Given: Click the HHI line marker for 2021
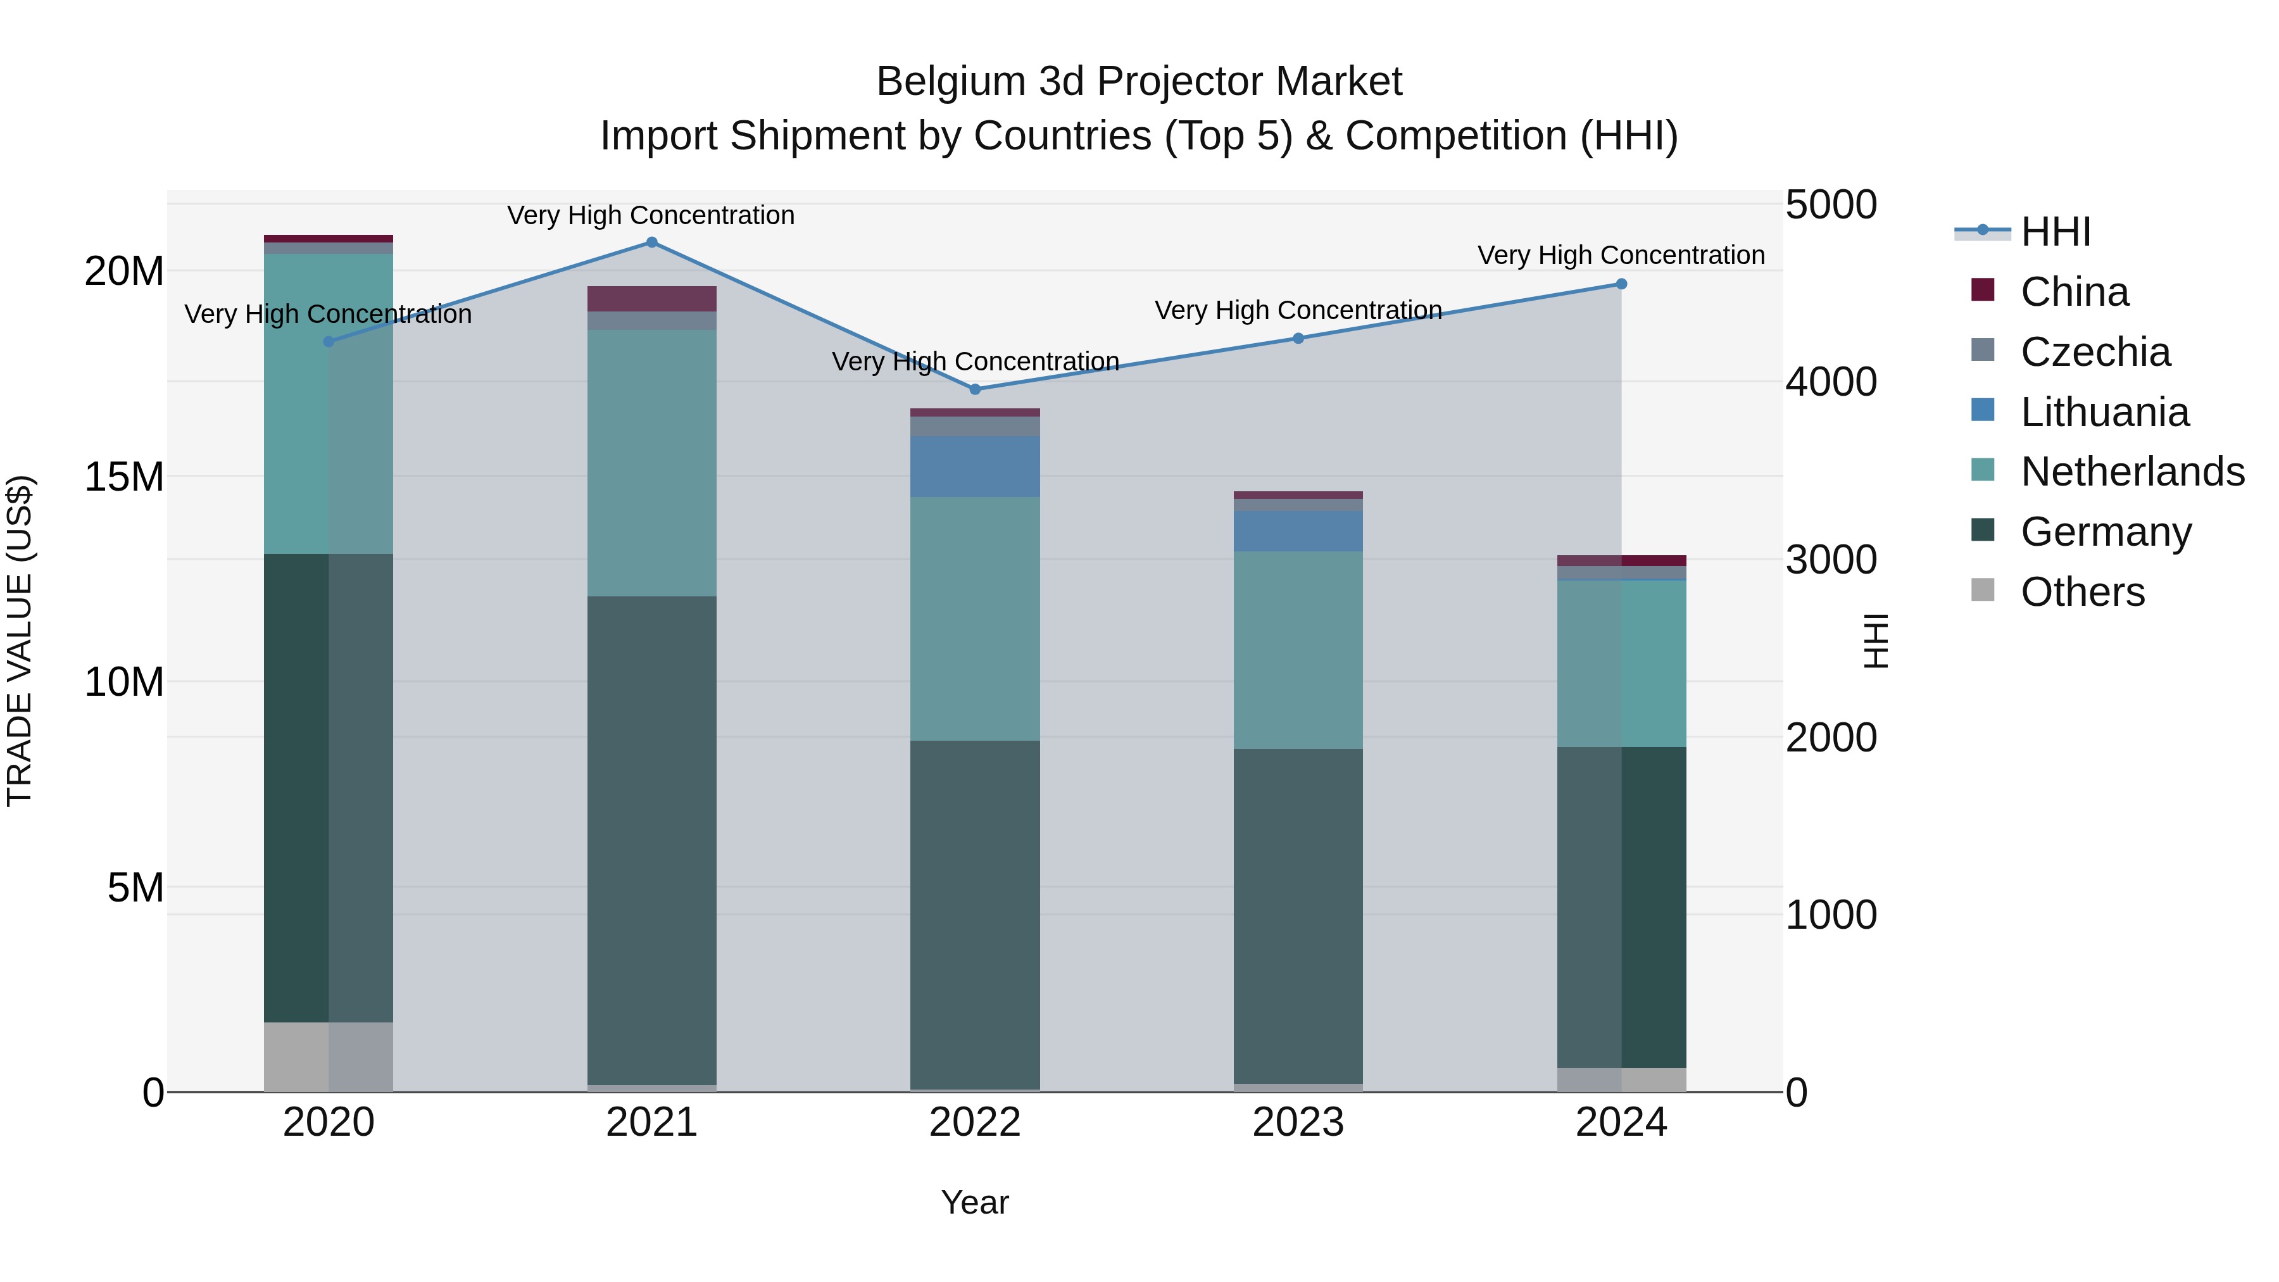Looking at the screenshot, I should coord(651,242).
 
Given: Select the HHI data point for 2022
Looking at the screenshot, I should coord(975,389).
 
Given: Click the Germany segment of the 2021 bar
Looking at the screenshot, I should coord(651,841).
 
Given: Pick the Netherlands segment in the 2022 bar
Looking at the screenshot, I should coord(975,619).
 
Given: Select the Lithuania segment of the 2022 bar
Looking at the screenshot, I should coord(975,466).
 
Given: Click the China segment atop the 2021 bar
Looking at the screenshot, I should coord(651,299).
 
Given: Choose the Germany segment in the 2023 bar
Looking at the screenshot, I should coord(1298,915).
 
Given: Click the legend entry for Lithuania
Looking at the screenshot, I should coord(2104,412).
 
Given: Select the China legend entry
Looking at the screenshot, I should coord(2074,292).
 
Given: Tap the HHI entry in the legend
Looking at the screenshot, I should coord(2055,232).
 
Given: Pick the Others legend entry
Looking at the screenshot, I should coord(2081,592).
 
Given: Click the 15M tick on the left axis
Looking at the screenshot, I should coord(124,477).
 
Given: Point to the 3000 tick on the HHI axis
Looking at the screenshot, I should coord(1830,560).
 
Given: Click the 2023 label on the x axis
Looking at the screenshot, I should coord(1298,1122).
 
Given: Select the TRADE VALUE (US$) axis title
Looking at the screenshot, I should coord(20,641).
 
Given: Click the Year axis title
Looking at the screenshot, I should coord(975,1202).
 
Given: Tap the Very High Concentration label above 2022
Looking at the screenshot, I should coord(975,362).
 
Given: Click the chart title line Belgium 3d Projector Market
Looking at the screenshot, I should coord(1139,82).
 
